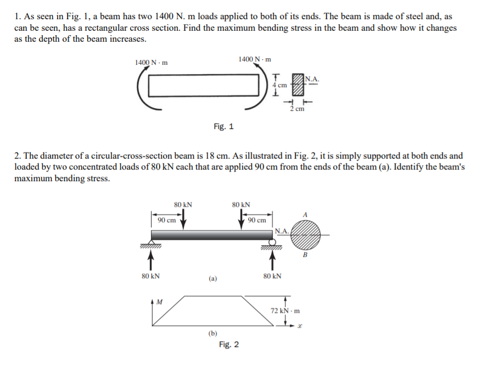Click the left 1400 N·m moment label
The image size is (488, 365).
click(151, 62)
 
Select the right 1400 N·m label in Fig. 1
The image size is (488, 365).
click(255, 59)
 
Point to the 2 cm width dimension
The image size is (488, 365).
click(297, 109)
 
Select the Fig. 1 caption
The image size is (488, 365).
click(223, 126)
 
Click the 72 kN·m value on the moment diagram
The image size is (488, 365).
click(285, 311)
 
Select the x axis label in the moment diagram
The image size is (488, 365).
click(300, 328)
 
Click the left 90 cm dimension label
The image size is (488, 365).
click(166, 220)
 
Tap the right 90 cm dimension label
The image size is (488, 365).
click(257, 220)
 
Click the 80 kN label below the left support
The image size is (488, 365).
click(152, 276)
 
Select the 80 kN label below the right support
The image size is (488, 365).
click(272, 276)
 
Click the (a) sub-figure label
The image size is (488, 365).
click(212, 278)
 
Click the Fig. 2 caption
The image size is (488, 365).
click(228, 345)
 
